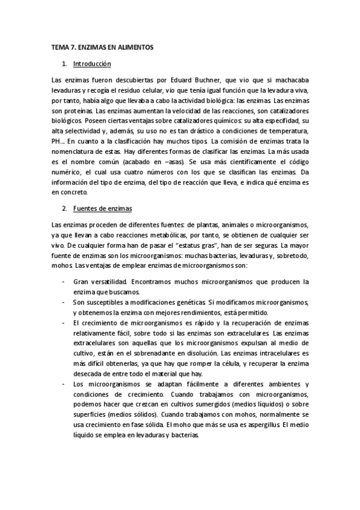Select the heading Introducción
[91, 63]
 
